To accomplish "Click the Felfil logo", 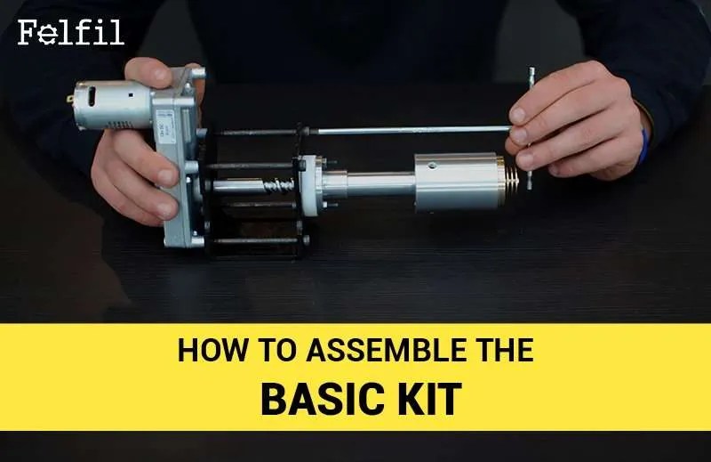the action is [71, 32].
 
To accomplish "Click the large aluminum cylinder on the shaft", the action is [457, 182].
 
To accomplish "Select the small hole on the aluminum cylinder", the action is [435, 166].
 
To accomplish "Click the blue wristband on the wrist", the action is [643, 146].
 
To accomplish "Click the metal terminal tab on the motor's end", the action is [71, 99].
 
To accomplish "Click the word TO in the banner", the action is [276, 350].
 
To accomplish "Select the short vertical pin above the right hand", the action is [531, 76].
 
